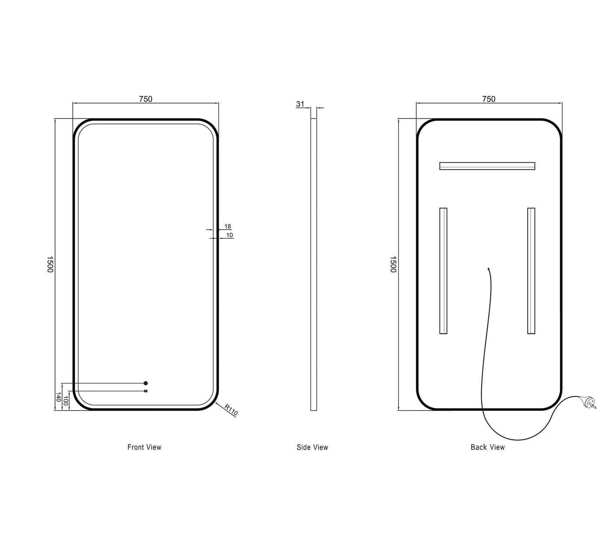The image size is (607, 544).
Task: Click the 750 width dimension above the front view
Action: click(146, 99)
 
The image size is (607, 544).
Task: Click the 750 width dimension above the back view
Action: click(489, 99)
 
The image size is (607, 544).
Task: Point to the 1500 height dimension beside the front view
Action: click(50, 264)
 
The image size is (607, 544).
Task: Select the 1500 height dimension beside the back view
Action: click(393, 264)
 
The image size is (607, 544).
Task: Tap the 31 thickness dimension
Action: click(300, 104)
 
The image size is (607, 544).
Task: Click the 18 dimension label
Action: click(228, 226)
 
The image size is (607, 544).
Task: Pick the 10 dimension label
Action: click(229, 235)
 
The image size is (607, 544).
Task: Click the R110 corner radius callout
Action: click(231, 410)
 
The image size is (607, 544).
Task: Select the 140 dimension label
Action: click(59, 397)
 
